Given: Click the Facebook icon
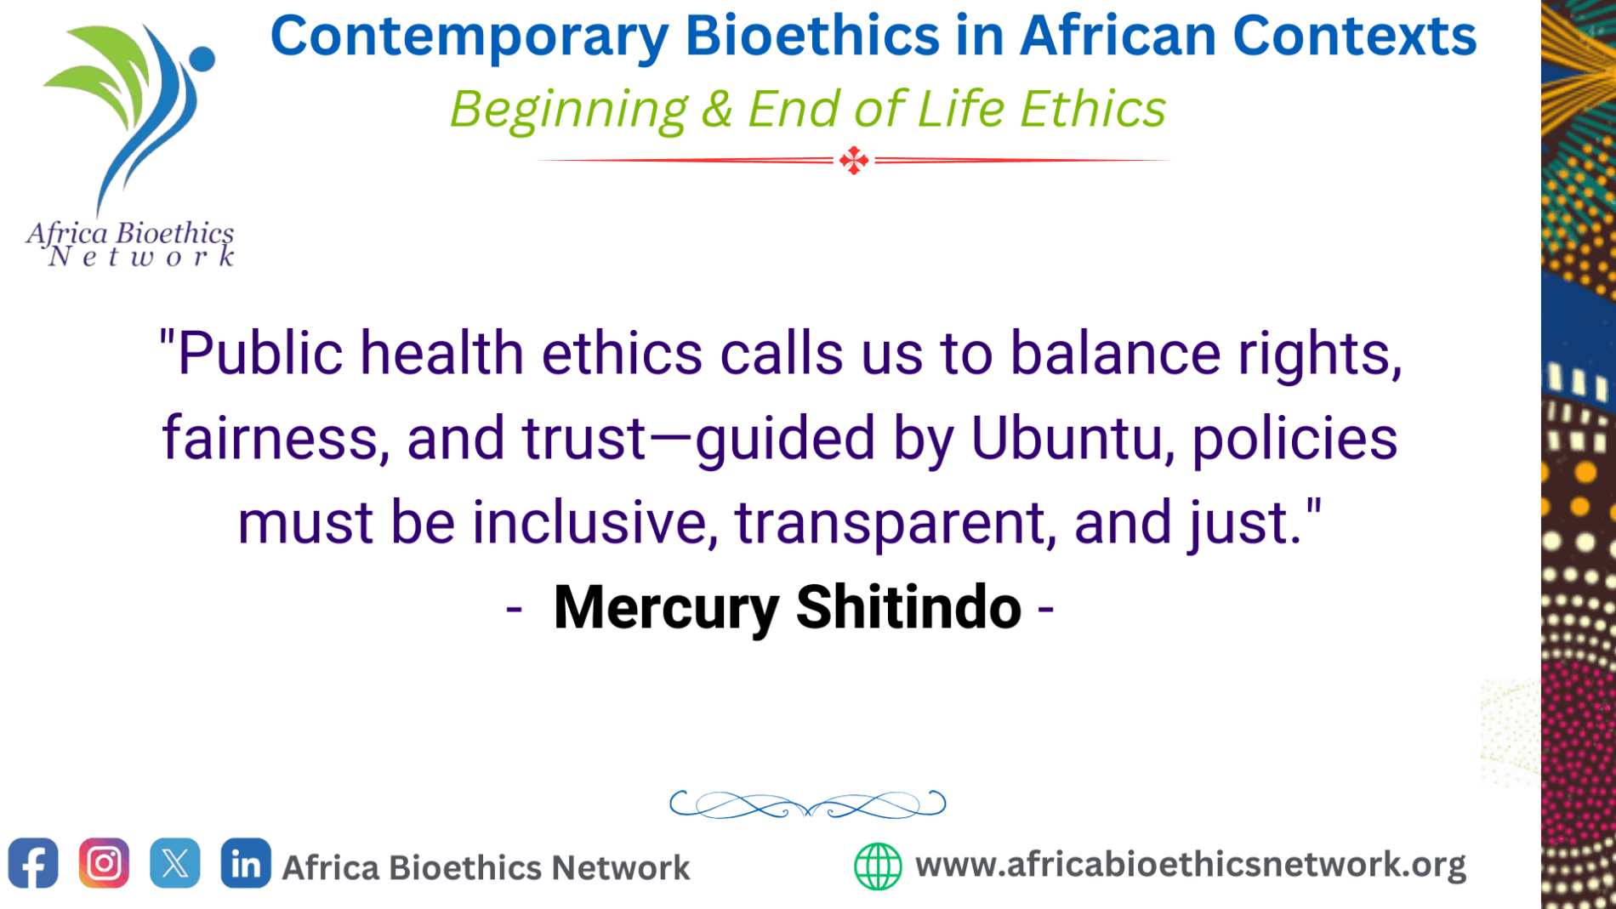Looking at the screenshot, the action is pos(33,863).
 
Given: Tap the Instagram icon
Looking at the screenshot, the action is pos(104,863).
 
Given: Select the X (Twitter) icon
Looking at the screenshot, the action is pos(175,863).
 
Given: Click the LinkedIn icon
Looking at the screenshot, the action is pos(246,863).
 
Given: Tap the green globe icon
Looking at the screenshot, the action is pos(878,866).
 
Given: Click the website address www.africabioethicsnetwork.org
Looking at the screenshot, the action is pos(1190,865).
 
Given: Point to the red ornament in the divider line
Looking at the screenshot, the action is pos(854,160).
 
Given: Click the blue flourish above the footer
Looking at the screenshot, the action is pos(807,804).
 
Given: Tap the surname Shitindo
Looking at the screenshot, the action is pos(908,607).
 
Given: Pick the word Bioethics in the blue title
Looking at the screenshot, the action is pos(811,36).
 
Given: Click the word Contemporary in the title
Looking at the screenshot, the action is pos(469,37).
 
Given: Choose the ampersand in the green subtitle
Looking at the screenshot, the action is pos(717,110).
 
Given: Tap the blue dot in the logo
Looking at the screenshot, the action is pos(202,59).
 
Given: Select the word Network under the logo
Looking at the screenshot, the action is pos(141,257).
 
